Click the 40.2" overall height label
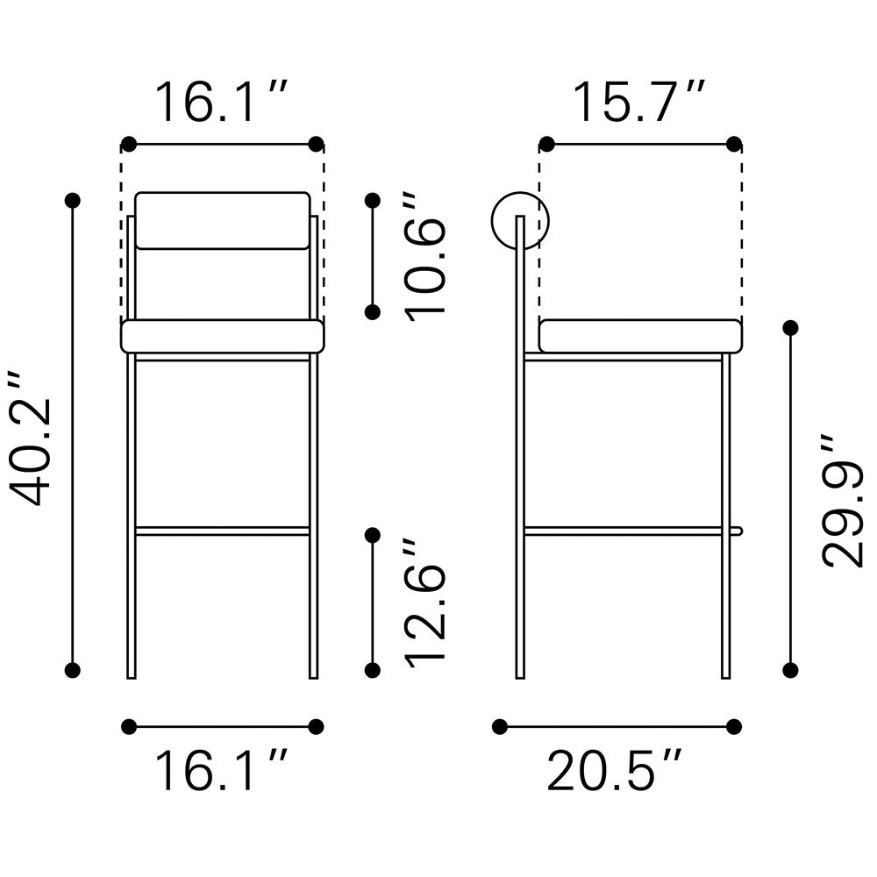(x=31, y=438)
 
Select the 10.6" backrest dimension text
(x=425, y=258)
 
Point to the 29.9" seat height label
(x=842, y=501)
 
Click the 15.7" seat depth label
(x=638, y=103)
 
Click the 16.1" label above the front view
(x=221, y=103)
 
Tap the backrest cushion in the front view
(x=223, y=220)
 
